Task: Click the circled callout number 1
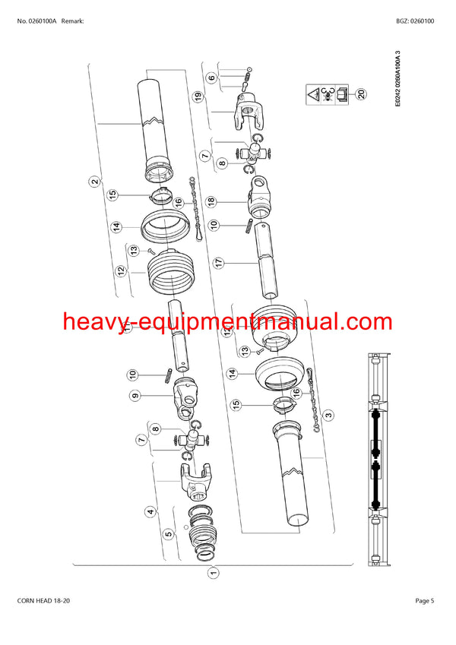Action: click(214, 573)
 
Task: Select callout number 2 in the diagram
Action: click(95, 182)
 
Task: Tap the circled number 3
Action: click(328, 414)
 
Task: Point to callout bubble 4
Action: click(150, 512)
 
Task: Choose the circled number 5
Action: click(169, 534)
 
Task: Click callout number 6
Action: click(211, 77)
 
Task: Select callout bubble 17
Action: click(219, 262)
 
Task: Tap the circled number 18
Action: click(211, 201)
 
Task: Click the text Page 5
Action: click(425, 601)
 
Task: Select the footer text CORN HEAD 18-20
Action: click(43, 601)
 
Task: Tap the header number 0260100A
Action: click(42, 21)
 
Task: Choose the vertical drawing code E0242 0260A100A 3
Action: click(397, 78)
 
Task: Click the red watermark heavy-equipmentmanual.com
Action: click(227, 321)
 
